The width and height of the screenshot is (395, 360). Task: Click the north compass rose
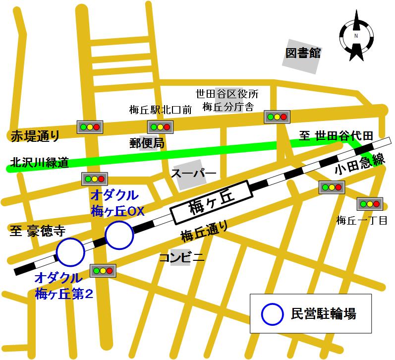pos(355,37)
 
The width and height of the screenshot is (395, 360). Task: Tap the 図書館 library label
pos(303,53)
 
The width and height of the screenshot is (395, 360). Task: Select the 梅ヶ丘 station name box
pos(209,204)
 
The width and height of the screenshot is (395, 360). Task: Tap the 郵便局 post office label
pos(147,143)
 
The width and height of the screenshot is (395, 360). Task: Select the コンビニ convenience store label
pos(182,257)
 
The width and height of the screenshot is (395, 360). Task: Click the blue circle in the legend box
pos(271,313)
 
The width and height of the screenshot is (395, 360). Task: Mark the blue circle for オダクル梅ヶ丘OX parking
pos(119,235)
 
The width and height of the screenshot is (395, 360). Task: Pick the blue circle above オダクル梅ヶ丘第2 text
pos(71,252)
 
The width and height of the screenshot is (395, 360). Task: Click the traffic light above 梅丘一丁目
pos(369,204)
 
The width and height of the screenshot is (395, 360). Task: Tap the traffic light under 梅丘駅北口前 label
pos(160,127)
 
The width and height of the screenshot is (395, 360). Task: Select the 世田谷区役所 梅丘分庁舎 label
pos(226,99)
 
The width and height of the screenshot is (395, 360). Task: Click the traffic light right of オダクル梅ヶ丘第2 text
pos(103,271)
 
